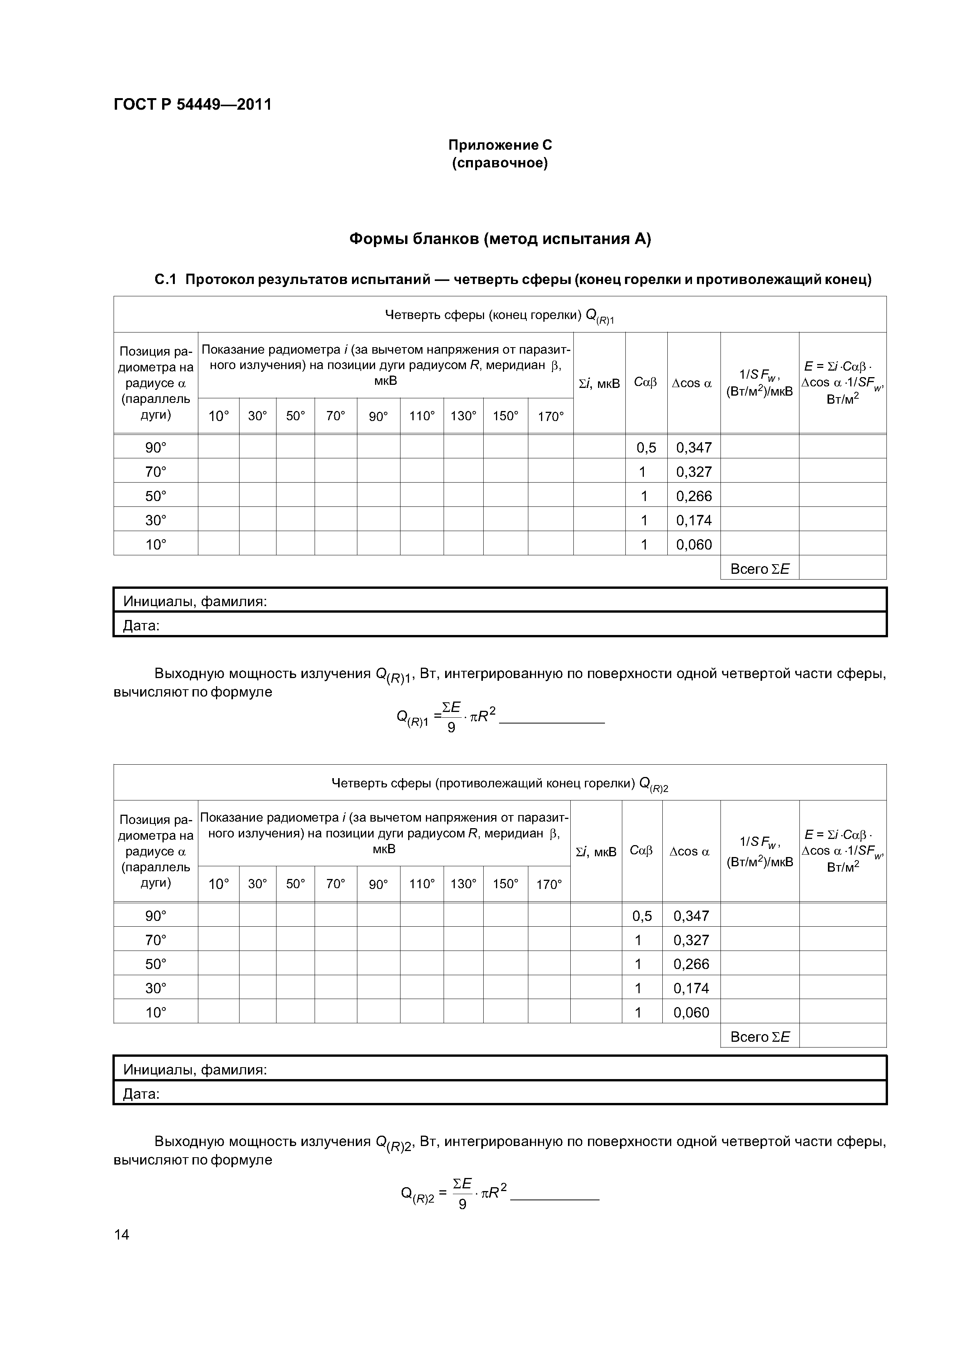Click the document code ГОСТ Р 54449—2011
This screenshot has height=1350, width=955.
tap(193, 105)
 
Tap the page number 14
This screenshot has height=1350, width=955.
tap(121, 1234)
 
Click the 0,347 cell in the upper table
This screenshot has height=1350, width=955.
tap(694, 448)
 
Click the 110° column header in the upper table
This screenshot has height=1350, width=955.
tap(422, 416)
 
